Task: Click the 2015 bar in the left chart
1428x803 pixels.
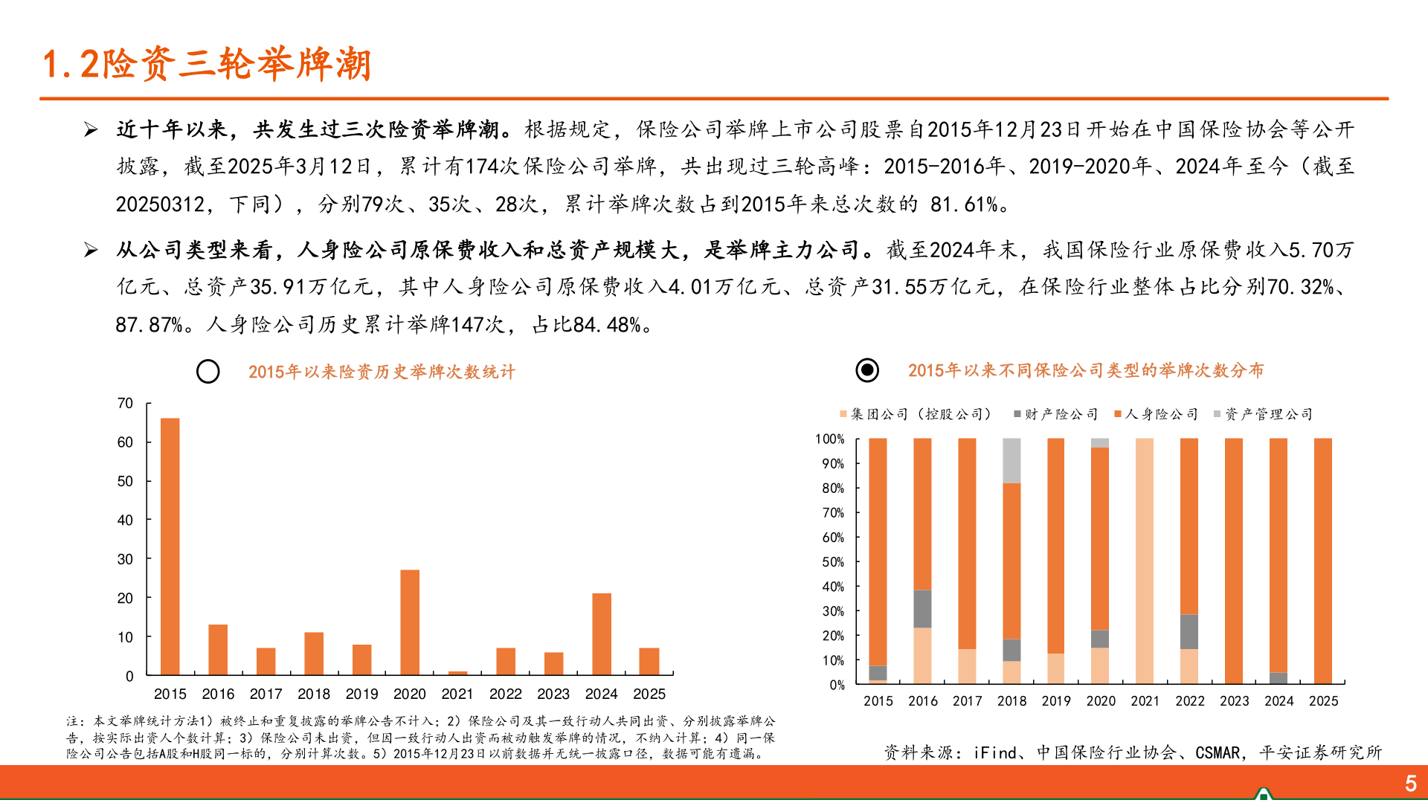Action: point(170,546)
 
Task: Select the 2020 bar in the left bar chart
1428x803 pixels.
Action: point(409,622)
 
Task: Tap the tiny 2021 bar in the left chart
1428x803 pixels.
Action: point(457,673)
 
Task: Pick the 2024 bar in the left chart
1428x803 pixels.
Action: point(601,633)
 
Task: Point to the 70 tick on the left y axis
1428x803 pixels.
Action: point(125,404)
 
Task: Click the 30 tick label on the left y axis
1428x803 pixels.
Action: point(125,559)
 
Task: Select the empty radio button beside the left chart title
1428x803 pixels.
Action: point(208,372)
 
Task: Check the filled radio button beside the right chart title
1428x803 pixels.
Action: point(867,370)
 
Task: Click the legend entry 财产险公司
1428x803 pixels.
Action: point(1055,414)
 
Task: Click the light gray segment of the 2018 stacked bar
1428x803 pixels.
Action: point(1011,460)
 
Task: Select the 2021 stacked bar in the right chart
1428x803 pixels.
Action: point(1145,561)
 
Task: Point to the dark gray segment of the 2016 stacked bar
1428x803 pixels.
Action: point(922,609)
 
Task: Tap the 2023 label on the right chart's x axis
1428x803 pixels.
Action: point(1234,701)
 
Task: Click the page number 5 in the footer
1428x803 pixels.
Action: point(1410,783)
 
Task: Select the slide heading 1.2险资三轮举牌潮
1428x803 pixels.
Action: point(207,64)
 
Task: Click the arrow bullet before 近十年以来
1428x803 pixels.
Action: point(91,130)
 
